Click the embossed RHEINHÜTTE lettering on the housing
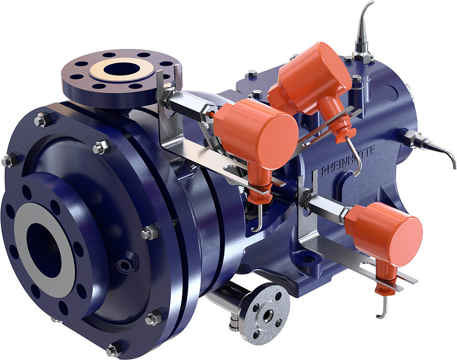pyautogui.click(x=348, y=161)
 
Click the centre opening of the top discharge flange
pyautogui.click(x=121, y=70)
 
